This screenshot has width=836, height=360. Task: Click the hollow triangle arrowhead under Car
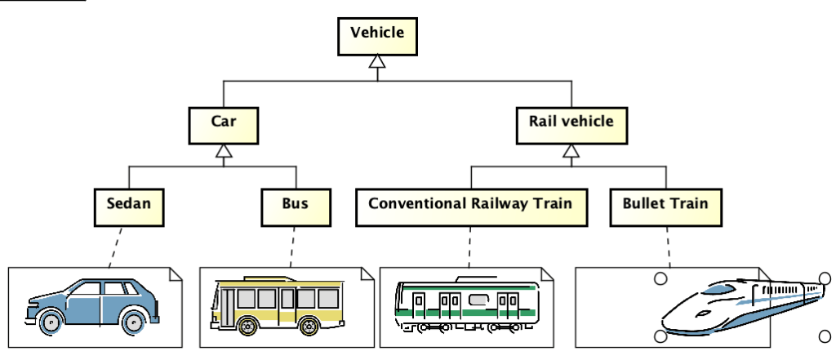pos(223,151)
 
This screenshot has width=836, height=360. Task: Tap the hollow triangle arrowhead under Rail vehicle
pos(571,151)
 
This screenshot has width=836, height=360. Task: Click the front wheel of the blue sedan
pos(50,323)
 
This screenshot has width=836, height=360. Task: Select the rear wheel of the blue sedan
pos(134,322)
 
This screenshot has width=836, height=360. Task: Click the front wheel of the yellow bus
pos(246,326)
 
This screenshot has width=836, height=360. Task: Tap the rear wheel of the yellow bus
pos(309,326)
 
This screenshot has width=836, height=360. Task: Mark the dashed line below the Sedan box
pos(116,245)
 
